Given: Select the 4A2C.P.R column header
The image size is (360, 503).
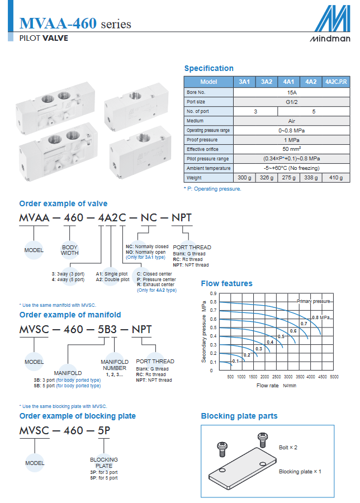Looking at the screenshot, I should (x=337, y=82).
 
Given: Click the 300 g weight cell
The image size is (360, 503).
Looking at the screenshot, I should (x=244, y=178).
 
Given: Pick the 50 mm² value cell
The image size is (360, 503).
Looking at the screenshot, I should (x=291, y=149).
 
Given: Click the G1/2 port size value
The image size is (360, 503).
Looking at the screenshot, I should (x=291, y=102).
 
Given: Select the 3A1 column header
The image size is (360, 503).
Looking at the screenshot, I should (x=244, y=82).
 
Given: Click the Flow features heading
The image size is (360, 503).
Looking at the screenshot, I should (x=226, y=283).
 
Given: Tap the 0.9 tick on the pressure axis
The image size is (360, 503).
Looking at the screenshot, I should (x=213, y=293).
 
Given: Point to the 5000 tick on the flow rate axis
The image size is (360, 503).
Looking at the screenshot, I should (x=334, y=377).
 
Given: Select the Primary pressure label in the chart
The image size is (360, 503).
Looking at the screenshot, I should (x=313, y=301).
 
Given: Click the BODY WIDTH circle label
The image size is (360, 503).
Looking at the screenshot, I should (x=70, y=250).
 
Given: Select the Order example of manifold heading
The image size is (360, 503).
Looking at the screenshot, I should (x=70, y=315).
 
